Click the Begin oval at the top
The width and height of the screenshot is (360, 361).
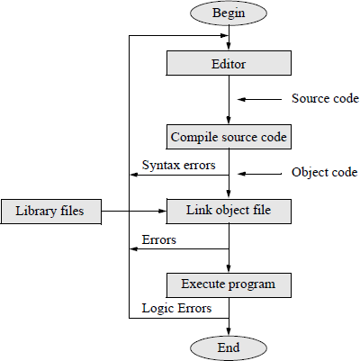point(229,14)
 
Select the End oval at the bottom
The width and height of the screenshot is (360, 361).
point(229,346)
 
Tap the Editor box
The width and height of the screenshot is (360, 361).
point(229,64)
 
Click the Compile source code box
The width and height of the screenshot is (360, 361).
point(229,138)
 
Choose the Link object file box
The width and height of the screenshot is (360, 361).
point(229,212)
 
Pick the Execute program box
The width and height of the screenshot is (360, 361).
point(229,285)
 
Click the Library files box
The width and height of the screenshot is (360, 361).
point(50,212)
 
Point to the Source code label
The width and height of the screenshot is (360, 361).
point(326,98)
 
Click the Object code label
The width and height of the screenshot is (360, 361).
point(325,172)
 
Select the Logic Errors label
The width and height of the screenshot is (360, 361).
point(175,308)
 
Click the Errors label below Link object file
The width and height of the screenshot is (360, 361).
point(159,240)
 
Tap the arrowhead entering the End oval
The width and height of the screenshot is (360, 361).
point(229,329)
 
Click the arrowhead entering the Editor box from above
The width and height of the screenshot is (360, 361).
point(229,47)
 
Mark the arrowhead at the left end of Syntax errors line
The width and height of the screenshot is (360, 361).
point(134,176)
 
